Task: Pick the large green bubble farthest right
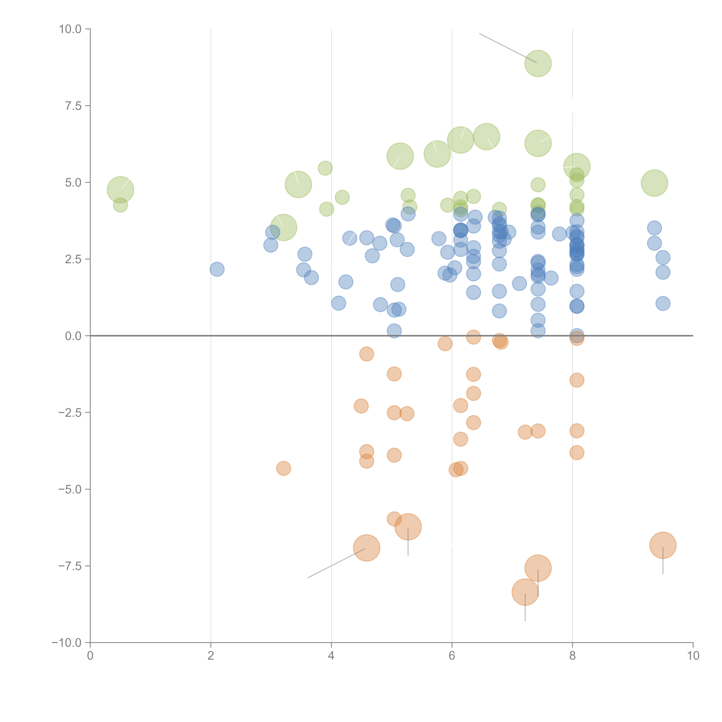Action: coord(654,183)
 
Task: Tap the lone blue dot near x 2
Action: coord(217,269)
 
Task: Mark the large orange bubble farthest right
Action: coord(663,545)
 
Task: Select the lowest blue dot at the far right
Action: coord(663,303)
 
